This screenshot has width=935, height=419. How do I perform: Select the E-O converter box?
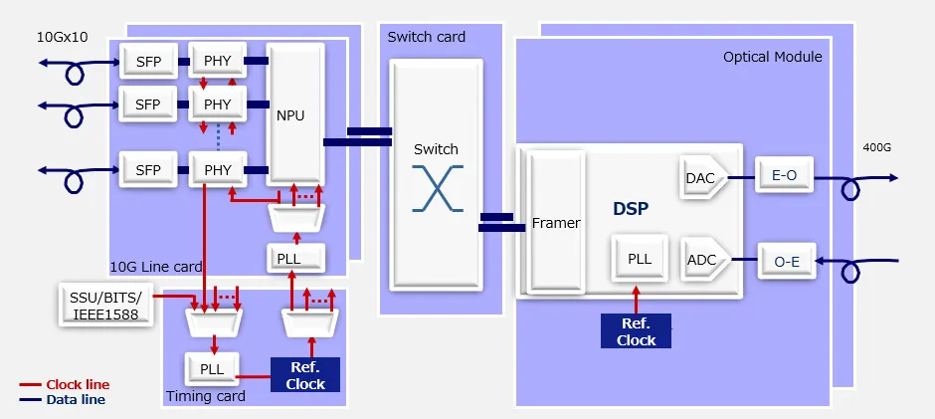pos(784,176)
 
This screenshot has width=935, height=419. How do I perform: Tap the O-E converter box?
pos(786,262)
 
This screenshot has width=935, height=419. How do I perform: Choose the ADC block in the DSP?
pos(701,261)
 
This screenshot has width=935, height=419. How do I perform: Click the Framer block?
pos(556,223)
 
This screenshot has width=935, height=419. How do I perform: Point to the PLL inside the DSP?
pos(639,259)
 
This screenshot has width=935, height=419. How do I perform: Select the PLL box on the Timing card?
pos(211,368)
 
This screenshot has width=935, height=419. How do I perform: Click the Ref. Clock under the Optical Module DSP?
pos(636,331)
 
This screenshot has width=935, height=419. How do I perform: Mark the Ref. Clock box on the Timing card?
pos(305,375)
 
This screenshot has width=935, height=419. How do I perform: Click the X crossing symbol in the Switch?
pos(436,186)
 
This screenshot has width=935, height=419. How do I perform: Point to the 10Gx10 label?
pos(63,38)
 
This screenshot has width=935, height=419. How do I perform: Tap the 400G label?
pos(877,148)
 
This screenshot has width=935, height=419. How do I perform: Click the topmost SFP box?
pos(147,62)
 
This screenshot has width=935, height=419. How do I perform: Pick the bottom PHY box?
pos(217,170)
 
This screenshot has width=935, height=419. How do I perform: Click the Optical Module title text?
pos(772,57)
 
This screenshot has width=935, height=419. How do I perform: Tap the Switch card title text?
pos(427,37)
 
